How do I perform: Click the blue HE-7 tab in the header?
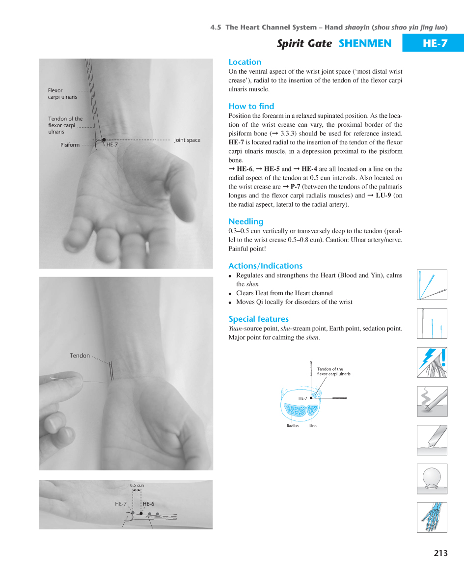click(435, 43)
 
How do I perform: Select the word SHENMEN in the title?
click(365, 44)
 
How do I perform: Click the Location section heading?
click(245, 62)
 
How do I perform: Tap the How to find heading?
click(251, 106)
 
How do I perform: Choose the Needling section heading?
click(246, 221)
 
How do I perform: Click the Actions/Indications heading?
click(265, 266)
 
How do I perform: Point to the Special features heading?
click(258, 319)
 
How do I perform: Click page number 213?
click(440, 553)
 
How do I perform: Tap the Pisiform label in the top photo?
click(70, 145)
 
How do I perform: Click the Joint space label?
click(187, 140)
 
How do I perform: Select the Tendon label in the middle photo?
click(80, 356)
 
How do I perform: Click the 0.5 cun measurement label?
click(137, 485)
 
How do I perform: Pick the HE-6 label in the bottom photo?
click(148, 504)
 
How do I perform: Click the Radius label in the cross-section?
click(292, 426)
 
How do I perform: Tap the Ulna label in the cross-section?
click(312, 426)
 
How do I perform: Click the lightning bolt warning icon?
click(432, 362)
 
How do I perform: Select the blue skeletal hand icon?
click(432, 517)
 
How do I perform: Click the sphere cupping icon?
click(432, 478)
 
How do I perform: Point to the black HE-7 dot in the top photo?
click(104, 140)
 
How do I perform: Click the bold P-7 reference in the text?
click(295, 187)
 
